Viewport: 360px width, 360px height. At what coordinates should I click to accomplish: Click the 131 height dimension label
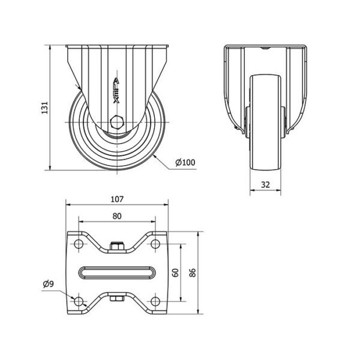[44, 107]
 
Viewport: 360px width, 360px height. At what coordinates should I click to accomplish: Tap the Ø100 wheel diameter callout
[185, 163]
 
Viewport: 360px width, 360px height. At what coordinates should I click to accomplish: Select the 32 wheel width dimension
[265, 185]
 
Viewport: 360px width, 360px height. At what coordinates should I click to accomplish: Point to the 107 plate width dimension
[117, 199]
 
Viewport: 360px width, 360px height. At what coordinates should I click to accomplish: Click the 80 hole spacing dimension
[117, 216]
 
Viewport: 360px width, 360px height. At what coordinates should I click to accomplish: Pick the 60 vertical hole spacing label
[175, 272]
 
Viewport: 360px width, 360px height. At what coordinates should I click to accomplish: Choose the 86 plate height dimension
[193, 272]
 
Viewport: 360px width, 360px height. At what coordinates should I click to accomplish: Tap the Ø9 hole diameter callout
[49, 284]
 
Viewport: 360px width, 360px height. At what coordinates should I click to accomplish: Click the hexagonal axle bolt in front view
[117, 122]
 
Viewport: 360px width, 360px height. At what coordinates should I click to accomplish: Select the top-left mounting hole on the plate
[79, 244]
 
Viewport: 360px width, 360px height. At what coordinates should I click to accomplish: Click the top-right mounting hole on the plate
[155, 244]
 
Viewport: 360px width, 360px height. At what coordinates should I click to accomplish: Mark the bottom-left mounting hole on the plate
[79, 301]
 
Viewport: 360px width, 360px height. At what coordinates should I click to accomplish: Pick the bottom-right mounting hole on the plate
[155, 301]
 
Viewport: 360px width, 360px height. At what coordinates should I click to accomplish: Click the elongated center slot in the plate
[117, 272]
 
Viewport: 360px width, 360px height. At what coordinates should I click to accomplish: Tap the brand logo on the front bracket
[116, 91]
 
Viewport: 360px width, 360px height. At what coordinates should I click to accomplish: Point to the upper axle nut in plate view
[117, 247]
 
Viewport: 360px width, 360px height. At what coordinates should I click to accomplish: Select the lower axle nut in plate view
[117, 298]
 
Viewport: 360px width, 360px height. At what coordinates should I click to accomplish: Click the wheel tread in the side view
[265, 122]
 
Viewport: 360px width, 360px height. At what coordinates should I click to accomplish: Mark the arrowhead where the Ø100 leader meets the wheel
[154, 156]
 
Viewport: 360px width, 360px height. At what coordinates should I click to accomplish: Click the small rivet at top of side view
[265, 48]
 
